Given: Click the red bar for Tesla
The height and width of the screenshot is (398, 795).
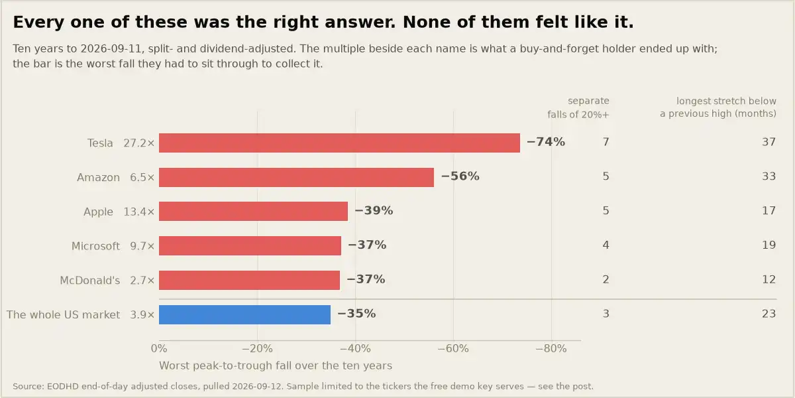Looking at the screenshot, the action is point(339,143).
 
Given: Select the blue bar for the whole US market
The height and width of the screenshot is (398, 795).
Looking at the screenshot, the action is point(244,314).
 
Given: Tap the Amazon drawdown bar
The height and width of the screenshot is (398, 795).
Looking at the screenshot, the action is point(296,177).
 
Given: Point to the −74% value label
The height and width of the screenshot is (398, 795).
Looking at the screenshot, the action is point(545,142).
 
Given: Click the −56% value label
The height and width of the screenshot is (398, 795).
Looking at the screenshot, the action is point(460,176).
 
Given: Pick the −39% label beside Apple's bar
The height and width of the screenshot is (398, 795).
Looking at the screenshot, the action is point(374,210).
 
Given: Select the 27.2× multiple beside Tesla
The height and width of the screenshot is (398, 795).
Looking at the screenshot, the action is point(138,143).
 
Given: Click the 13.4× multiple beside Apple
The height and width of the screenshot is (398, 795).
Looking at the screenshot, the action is point(138,212).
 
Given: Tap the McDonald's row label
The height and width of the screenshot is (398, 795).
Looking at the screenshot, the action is point(90,281).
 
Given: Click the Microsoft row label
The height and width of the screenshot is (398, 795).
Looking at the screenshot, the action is point(95,246).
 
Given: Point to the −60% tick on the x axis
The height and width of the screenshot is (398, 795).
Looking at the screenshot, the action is point(453,349).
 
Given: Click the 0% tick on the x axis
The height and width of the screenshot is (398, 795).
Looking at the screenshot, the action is point(159,349).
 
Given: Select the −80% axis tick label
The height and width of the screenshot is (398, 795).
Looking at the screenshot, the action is point(551,349).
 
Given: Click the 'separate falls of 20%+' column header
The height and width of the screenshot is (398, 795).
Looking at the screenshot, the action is point(578,107).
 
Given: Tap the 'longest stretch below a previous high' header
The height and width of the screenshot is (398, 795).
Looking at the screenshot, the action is point(718,107).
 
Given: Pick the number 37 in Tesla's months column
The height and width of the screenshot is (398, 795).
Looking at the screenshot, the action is point(768,142).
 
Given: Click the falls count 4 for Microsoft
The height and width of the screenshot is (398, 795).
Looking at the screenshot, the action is point(606,245).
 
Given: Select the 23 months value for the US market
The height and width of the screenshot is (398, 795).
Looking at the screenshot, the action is point(768,314).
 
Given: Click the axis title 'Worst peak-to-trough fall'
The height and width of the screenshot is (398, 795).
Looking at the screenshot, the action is point(276,365).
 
